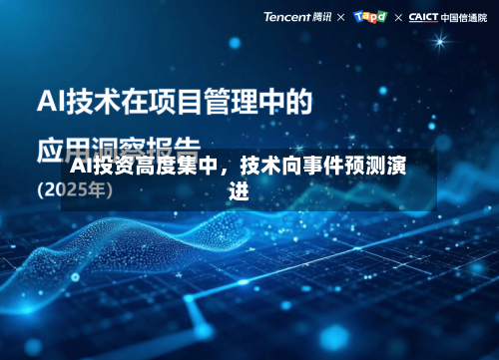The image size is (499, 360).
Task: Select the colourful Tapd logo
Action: [x=370, y=17]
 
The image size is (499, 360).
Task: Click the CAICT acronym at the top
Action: [x=425, y=17]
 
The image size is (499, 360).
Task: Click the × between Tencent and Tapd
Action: [x=341, y=17]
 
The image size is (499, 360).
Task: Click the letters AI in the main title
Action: [x=51, y=101]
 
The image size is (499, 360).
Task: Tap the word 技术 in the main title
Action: [x=93, y=101]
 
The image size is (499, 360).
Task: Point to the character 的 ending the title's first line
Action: [x=297, y=101]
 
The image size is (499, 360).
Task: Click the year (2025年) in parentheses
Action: [x=75, y=189]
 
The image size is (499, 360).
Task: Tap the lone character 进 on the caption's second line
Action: [x=238, y=191]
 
